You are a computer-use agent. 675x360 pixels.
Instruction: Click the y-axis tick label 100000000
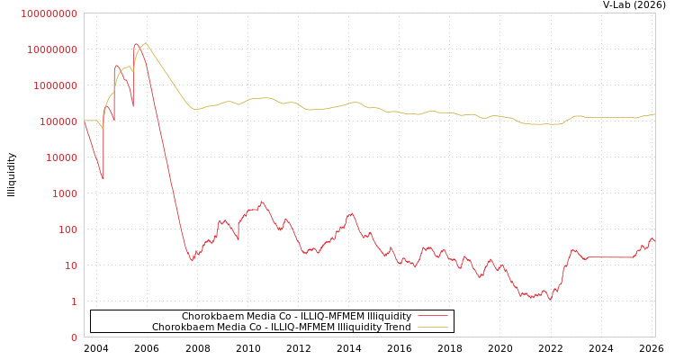click(49, 13)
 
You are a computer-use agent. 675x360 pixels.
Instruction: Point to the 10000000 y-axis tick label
click(53, 49)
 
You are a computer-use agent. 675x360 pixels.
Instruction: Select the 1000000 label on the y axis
click(56, 85)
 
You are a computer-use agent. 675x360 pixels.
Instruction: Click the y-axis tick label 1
click(75, 301)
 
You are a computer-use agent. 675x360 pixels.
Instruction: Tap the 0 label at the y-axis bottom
click(75, 337)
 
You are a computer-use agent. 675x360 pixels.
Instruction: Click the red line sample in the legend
click(432, 316)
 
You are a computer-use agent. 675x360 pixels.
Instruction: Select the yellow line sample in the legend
click(432, 327)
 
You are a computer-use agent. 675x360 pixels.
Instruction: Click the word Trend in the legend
click(397, 327)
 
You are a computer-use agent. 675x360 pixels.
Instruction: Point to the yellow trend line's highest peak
click(145, 42)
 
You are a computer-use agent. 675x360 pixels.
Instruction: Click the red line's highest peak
click(137, 44)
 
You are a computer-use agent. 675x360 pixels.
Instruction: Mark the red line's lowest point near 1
click(551, 298)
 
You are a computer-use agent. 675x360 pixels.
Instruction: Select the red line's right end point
click(654, 241)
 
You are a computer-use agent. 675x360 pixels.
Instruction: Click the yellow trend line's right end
click(654, 114)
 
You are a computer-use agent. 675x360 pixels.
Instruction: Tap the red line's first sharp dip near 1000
click(103, 179)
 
